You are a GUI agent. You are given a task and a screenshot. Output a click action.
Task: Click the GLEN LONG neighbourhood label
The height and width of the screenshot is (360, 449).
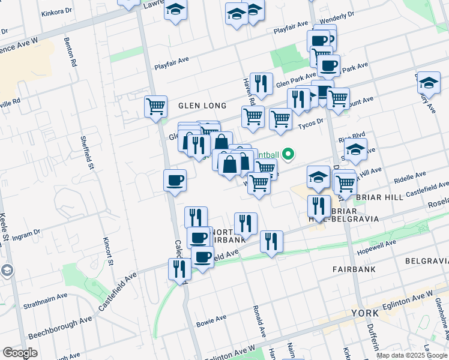[202, 106]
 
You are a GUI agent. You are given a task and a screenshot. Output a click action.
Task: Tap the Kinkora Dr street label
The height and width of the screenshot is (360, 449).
[58, 11]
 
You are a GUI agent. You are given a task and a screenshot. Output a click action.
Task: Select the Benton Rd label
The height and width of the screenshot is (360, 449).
[70, 52]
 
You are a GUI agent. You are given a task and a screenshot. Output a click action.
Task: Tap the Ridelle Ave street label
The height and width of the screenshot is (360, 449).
[410, 177]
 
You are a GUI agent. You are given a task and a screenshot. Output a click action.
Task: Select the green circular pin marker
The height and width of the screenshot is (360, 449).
[288, 154]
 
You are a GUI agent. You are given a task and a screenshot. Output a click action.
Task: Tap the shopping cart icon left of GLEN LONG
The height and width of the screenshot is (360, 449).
[155, 107]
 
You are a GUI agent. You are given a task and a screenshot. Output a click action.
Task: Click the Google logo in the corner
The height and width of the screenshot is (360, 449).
[20, 353]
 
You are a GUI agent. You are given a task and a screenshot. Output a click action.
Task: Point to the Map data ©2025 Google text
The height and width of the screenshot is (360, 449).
[412, 355]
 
